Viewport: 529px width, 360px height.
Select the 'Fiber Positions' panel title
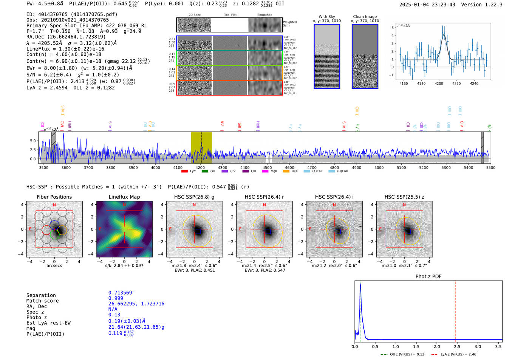pos(54,197)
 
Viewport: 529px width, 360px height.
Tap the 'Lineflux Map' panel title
pos(124,197)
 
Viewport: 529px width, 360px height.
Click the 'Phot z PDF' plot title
pos(428,276)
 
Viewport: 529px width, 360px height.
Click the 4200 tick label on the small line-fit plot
pos(439,83)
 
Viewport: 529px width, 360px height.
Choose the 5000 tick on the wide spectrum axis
pos(379,167)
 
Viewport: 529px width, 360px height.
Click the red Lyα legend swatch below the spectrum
pos(184,171)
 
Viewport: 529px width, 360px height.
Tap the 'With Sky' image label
pos(327,17)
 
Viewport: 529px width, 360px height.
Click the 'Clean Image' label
pos(365,17)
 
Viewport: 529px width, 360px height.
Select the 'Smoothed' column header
pos(264,15)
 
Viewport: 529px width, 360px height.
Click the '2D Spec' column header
pos(195,15)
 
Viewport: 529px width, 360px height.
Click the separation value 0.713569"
pos(121,293)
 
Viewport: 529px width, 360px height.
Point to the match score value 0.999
pos(116,298)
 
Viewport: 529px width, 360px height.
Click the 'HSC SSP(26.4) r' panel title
pos(264,197)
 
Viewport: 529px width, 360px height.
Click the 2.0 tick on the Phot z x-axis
pos(436,346)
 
